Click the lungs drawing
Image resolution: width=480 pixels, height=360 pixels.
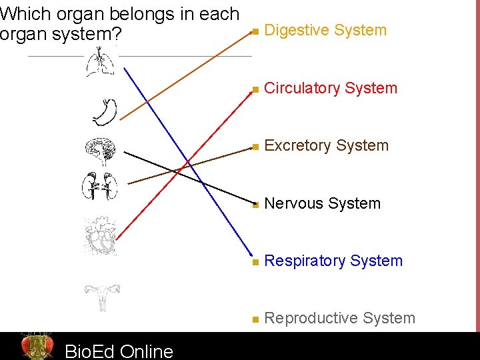pos(100,65)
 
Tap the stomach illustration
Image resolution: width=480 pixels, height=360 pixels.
pos(105,112)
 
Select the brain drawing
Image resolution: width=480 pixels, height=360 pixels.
pos(101,152)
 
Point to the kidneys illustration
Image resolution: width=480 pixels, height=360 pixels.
pos(100,186)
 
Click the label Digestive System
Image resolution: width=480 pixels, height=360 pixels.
pos(325,30)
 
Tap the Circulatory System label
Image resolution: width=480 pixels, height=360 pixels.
pos(331,88)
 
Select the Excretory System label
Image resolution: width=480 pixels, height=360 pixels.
pos(327,145)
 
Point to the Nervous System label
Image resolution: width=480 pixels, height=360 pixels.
pos(323,203)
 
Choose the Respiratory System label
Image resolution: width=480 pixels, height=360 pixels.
pos(333,261)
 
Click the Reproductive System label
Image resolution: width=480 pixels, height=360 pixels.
pos(339,318)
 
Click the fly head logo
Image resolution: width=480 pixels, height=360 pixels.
pos(37,346)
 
